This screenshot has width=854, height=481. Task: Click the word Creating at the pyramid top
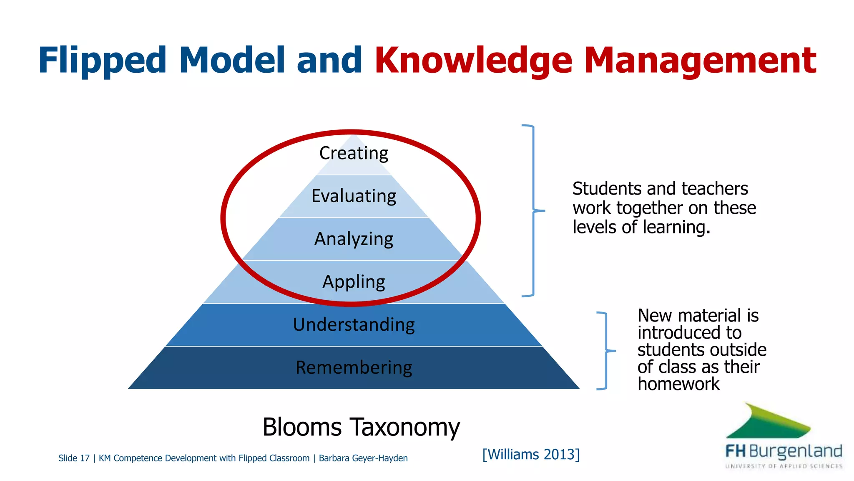(x=354, y=153)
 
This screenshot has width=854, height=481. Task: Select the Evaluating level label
(x=354, y=196)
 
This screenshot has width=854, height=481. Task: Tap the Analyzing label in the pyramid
(x=354, y=239)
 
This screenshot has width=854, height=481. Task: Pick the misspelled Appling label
(x=354, y=282)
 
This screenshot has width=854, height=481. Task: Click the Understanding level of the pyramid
(x=354, y=325)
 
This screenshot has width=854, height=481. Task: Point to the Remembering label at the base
(x=354, y=368)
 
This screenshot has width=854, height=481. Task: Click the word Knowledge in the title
(x=473, y=61)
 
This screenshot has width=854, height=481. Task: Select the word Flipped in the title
(x=103, y=61)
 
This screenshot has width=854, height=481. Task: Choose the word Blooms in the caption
(x=302, y=427)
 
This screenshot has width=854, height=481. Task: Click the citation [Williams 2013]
(x=531, y=454)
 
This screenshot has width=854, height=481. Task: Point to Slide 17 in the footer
(x=74, y=458)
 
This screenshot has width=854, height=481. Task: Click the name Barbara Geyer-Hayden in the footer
(x=363, y=458)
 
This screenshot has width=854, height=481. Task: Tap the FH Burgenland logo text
(x=784, y=451)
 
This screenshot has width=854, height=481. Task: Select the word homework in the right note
(x=678, y=384)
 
